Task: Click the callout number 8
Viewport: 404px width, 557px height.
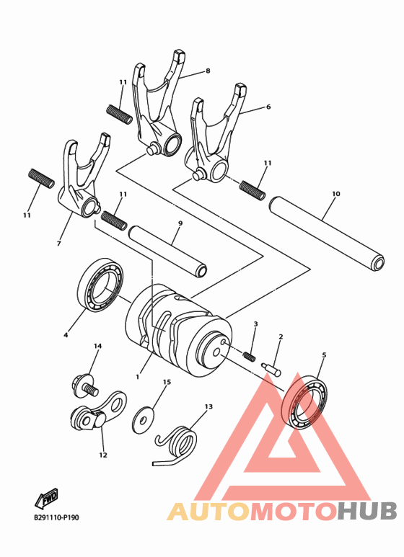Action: pyautogui.click(x=208, y=71)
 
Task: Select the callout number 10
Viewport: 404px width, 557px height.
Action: pyautogui.click(x=336, y=194)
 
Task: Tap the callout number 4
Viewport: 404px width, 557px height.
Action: pyautogui.click(x=66, y=334)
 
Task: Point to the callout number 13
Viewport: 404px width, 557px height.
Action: pyautogui.click(x=208, y=406)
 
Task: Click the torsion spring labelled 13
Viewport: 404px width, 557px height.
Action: pyautogui.click(x=177, y=440)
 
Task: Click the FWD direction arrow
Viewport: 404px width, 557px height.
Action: pyautogui.click(x=48, y=499)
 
